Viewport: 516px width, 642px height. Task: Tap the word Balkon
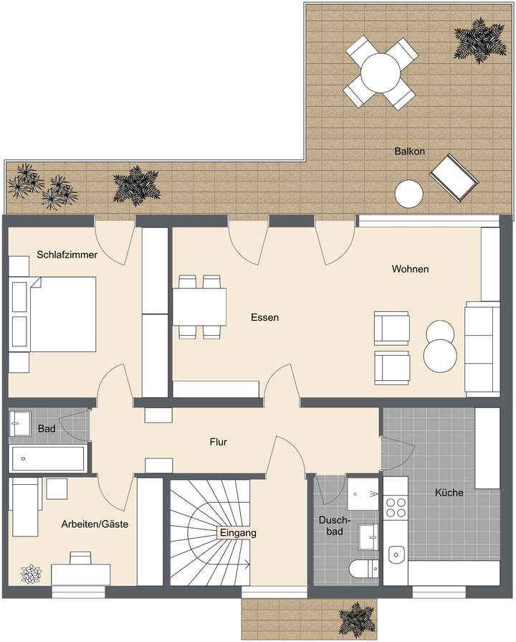pyautogui.click(x=410, y=152)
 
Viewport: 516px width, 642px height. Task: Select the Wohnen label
pyautogui.click(x=410, y=270)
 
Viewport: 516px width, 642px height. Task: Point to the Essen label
pyautogui.click(x=264, y=317)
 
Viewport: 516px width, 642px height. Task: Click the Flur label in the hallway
pyautogui.click(x=218, y=443)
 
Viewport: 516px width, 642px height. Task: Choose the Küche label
pyautogui.click(x=449, y=493)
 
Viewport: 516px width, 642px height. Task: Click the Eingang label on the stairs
pyautogui.click(x=238, y=533)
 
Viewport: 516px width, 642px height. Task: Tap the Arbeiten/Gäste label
pyautogui.click(x=95, y=524)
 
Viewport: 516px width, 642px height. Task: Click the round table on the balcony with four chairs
pyautogui.click(x=381, y=72)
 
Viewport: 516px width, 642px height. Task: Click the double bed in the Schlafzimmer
pyautogui.click(x=54, y=315)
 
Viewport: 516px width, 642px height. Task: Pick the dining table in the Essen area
pyautogui.click(x=199, y=307)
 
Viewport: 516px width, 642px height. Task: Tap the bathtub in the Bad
pyautogui.click(x=47, y=458)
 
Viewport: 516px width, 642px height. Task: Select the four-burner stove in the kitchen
pyautogui.click(x=395, y=508)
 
